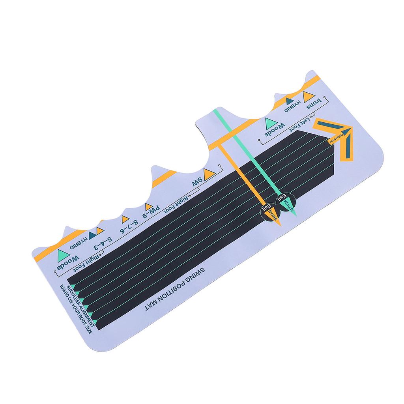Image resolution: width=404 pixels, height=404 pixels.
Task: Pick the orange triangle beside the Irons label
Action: point(308,96)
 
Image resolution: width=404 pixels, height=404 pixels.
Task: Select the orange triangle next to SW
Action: point(208,174)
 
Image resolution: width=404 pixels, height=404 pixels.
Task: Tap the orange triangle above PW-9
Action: point(148,206)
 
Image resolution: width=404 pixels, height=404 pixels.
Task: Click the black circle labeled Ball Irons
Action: point(269,211)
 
